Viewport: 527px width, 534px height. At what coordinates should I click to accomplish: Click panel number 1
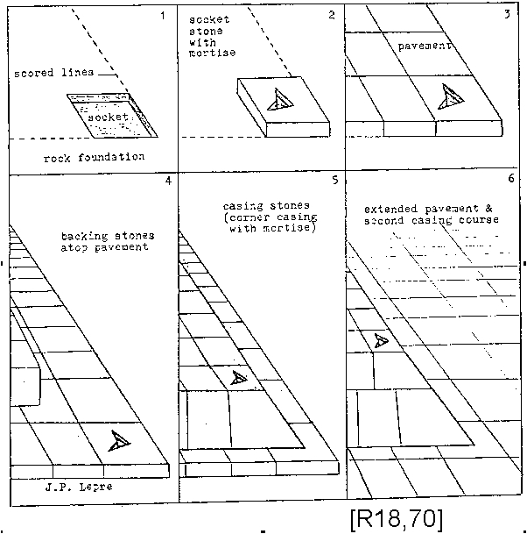[161, 15]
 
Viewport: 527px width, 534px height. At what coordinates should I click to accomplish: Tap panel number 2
[332, 14]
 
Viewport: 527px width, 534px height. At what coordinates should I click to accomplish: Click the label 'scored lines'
[53, 73]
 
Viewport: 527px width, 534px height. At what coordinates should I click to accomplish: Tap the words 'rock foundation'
[94, 158]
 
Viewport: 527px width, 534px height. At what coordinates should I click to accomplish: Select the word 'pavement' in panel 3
[422, 46]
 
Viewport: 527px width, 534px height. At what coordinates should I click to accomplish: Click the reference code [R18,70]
[396, 517]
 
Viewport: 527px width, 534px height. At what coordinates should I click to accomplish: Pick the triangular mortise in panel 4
[119, 442]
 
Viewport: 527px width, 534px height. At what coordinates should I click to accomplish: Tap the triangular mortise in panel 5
[237, 379]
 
